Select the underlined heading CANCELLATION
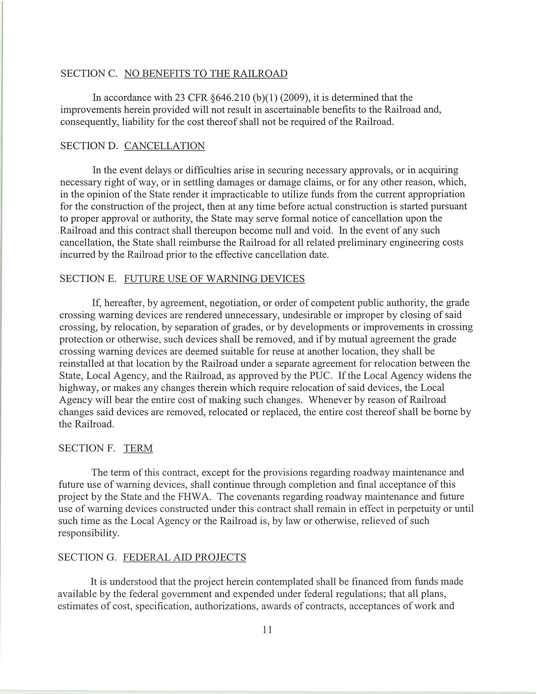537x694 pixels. point(165,146)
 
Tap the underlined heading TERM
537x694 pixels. point(138,448)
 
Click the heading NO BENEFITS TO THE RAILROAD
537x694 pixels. point(206,74)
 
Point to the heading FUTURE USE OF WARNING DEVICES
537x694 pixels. point(214,279)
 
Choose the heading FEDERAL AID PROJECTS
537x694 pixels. point(184,557)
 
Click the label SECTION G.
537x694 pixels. point(87,557)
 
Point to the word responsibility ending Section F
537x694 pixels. point(88,533)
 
